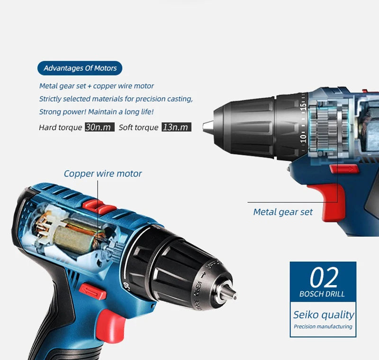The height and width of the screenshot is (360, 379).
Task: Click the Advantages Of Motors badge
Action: click(x=80, y=68)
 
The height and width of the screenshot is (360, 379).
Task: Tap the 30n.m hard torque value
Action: click(x=99, y=127)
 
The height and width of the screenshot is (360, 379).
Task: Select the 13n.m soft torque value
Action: click(x=176, y=127)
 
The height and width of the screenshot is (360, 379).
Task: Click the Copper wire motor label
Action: click(x=103, y=174)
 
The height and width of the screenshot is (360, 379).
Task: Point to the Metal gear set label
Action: click(x=283, y=212)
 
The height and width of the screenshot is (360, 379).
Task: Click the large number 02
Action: click(x=324, y=278)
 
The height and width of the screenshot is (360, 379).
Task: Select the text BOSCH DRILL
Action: click(x=322, y=294)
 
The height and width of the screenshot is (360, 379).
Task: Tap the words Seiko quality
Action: click(x=324, y=314)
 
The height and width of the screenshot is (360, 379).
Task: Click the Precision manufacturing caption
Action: click(x=323, y=327)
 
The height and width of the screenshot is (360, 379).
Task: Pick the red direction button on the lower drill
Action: click(x=92, y=290)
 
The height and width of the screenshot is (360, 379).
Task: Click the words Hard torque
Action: click(x=60, y=128)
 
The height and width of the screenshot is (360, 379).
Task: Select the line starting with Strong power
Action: click(x=96, y=112)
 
